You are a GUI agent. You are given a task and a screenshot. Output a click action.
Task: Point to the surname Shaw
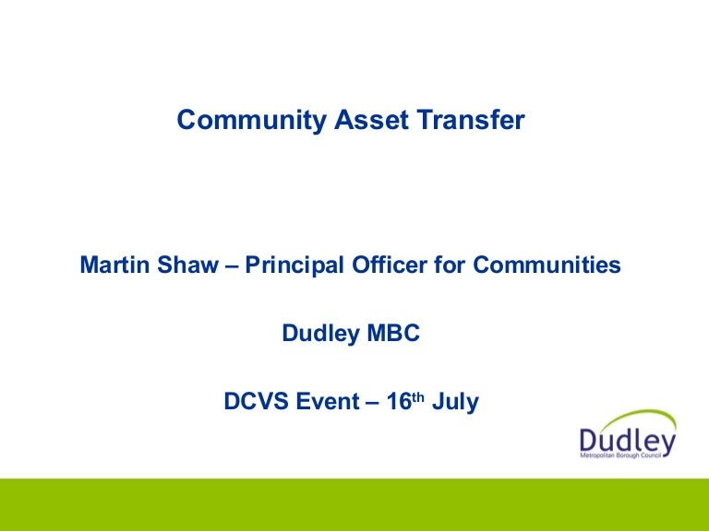pos(182,265)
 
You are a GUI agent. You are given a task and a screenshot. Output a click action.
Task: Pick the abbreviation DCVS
pos(255,402)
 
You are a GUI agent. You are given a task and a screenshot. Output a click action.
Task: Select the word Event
pos(327,402)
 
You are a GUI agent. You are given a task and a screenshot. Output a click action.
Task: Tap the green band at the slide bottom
pos(354,504)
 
